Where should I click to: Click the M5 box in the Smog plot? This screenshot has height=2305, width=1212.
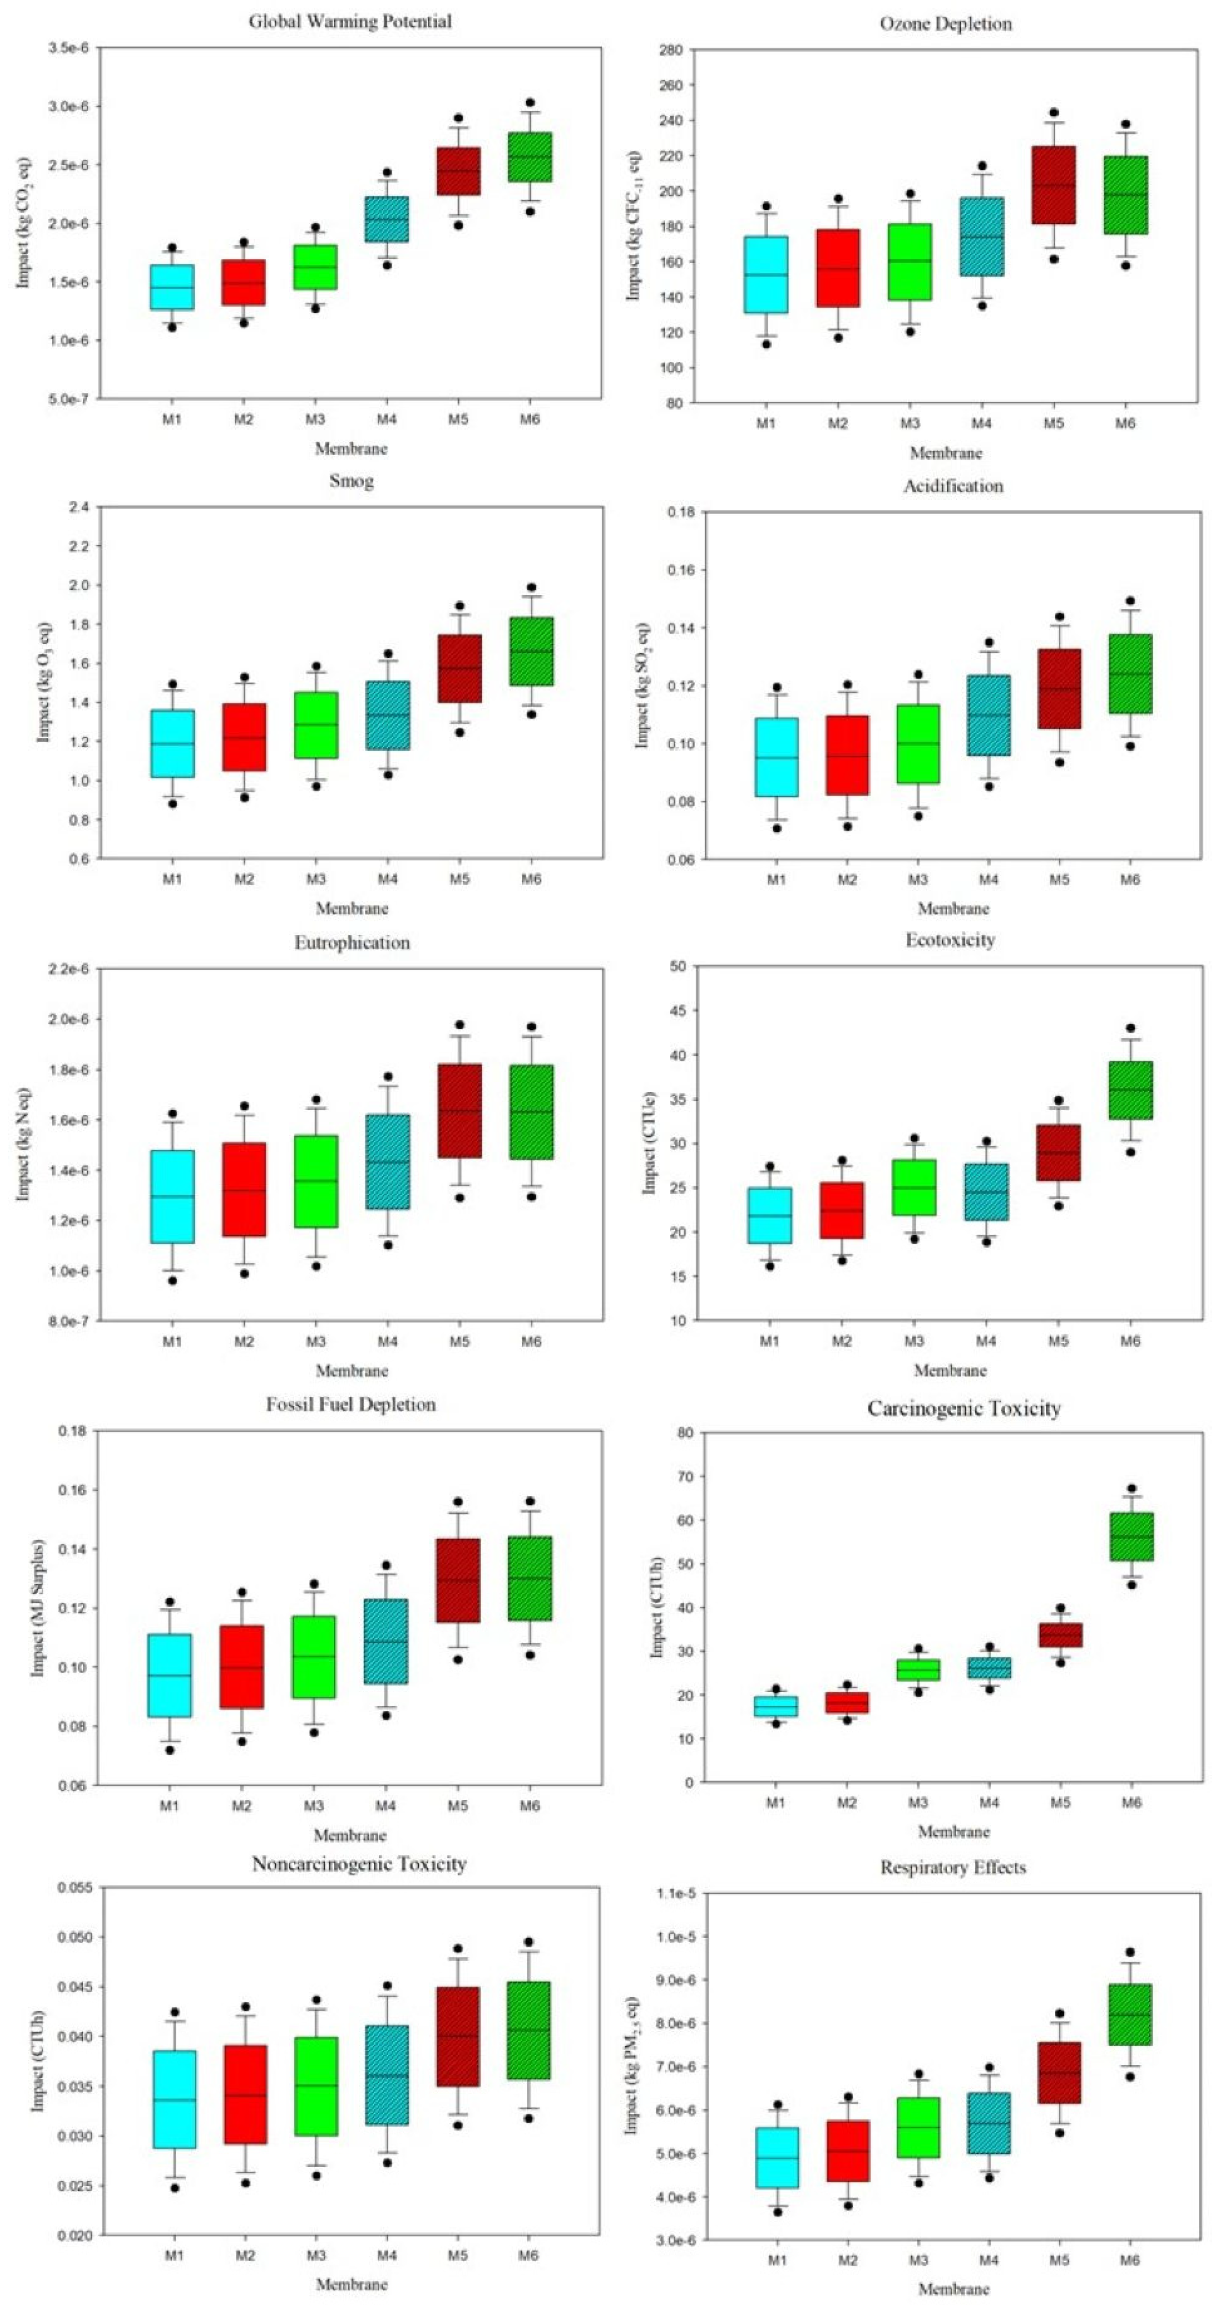click(459, 669)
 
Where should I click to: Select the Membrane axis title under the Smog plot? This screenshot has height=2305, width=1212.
click(351, 908)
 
